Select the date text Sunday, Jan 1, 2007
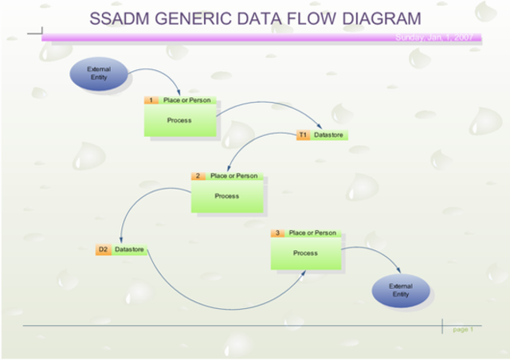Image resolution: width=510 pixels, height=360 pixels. pos(434,37)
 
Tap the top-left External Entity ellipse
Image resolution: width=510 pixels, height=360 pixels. pos(98,74)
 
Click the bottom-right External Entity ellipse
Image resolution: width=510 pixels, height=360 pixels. pos(400,290)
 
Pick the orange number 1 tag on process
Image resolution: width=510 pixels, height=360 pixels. pos(151,100)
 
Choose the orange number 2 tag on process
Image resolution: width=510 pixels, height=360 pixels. pos(198,176)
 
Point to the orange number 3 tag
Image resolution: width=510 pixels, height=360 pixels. pos(277,233)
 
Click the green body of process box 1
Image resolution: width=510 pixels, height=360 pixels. pos(180,121)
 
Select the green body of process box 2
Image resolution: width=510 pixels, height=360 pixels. pos(227,197)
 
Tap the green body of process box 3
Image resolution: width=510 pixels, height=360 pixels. pos(305,254)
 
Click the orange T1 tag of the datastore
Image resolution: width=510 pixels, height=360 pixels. pos(303,135)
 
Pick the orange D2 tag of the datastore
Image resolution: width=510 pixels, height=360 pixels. pos(103,250)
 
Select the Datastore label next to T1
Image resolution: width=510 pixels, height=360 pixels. pos(328,135)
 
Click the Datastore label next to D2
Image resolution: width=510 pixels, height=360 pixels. pos(129,250)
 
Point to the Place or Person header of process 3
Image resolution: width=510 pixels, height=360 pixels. pos(312,233)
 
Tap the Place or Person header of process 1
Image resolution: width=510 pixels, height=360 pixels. pos(186,100)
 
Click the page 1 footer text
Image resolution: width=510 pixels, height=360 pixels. pos(462,329)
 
